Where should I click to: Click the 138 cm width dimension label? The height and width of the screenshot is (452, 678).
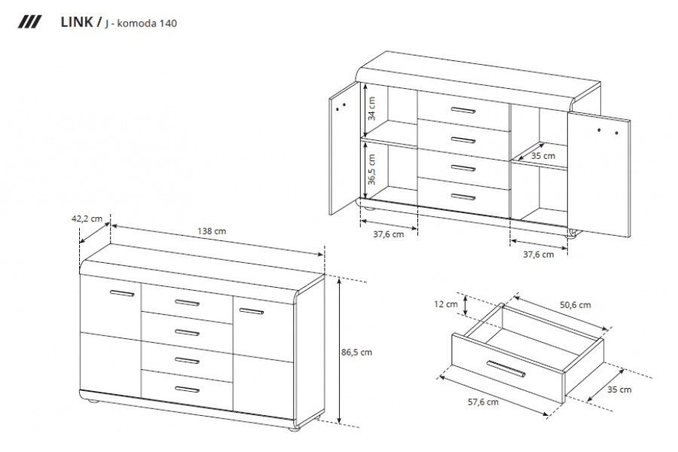212,231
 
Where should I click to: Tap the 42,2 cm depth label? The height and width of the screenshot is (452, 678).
87,219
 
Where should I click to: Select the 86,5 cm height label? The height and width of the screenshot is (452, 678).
356,352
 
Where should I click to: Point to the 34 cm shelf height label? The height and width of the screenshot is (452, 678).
371,108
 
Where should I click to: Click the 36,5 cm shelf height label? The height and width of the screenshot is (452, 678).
371,169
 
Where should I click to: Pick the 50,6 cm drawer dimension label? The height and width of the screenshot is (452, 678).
575,305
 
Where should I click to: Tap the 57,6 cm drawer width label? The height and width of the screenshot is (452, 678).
483,402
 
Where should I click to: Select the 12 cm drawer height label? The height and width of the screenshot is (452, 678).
446,304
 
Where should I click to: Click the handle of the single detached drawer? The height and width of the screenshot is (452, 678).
506,368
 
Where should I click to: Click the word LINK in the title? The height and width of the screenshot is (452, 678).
76,22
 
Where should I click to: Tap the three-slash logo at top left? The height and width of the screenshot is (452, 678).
29,22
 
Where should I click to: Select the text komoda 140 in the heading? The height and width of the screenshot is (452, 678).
147,23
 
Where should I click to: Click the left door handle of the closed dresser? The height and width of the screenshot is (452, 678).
122,293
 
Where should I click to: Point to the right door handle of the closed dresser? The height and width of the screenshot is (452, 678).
251,310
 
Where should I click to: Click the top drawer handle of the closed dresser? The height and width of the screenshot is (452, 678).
187,302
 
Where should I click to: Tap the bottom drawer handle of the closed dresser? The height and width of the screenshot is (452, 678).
187,389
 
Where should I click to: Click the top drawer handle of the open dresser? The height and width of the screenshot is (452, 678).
463,110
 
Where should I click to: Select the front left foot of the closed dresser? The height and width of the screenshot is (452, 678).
93,402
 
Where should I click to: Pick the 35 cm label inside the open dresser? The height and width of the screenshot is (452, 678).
543,156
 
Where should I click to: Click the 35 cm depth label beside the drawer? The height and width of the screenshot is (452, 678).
619,389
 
